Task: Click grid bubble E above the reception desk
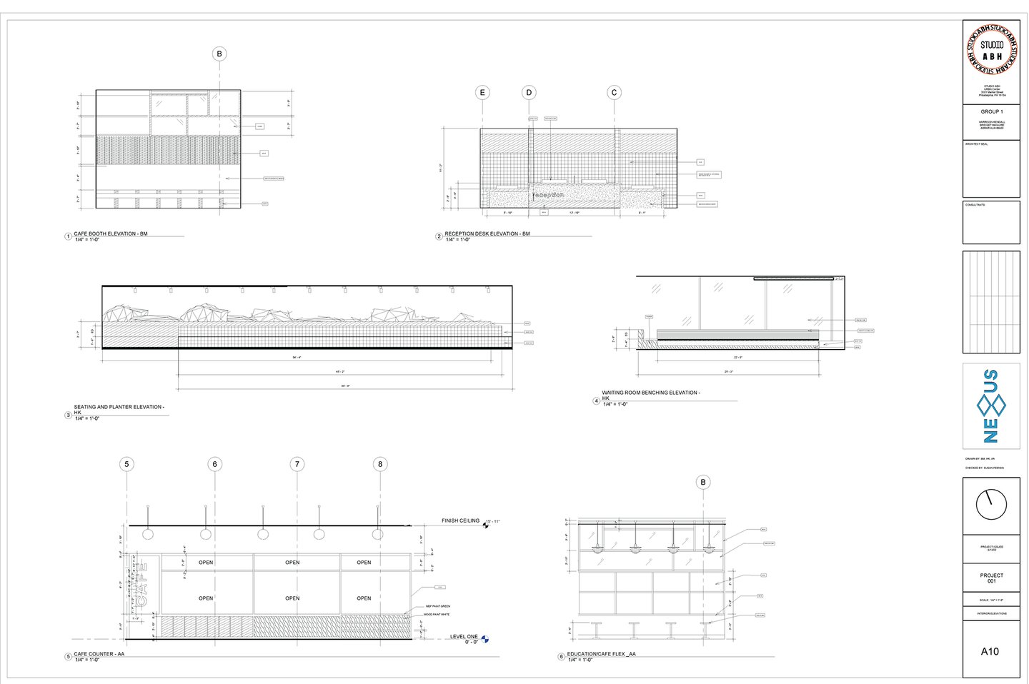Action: (x=483, y=92)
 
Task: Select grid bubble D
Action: (x=529, y=92)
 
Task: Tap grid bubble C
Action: (x=614, y=92)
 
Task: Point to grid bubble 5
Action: (x=126, y=464)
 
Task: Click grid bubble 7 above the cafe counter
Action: (x=297, y=464)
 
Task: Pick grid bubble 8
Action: (x=380, y=464)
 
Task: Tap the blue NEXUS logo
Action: (x=991, y=406)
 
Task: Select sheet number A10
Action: (x=990, y=651)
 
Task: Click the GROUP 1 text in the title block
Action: (x=991, y=111)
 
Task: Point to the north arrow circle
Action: (x=991, y=504)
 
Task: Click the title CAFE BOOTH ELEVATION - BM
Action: (x=111, y=233)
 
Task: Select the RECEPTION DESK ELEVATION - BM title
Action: (x=487, y=233)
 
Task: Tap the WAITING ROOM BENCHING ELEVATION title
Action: (x=650, y=393)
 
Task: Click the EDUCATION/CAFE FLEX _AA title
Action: (x=601, y=654)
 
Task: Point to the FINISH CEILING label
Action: (x=460, y=520)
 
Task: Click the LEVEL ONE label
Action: (x=464, y=636)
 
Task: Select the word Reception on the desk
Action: (x=548, y=194)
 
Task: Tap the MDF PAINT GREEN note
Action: (x=438, y=606)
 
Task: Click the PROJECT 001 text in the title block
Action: (x=991, y=578)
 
